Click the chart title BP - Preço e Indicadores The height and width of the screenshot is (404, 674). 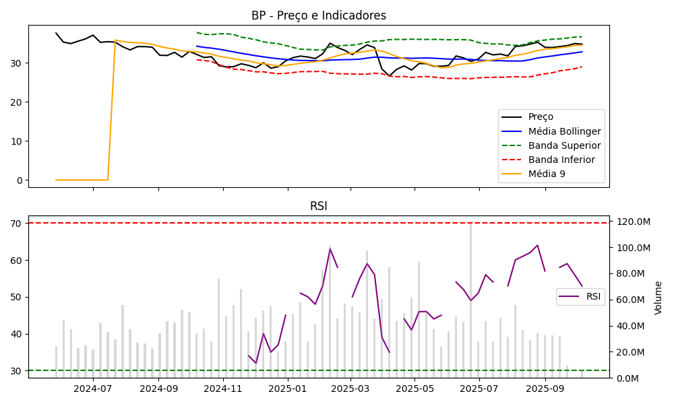pos(319,15)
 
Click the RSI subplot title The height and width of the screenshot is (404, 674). pos(319,206)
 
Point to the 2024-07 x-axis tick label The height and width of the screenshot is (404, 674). pos(93,389)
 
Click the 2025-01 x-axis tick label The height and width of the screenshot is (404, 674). pos(288,389)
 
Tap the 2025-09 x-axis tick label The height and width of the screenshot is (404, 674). pos(545,389)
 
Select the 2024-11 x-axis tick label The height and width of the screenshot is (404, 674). pos(223,389)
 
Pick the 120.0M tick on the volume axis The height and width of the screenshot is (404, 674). pos(634,222)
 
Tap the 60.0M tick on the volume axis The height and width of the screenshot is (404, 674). pos(632,300)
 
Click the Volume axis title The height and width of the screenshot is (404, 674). pos(658,298)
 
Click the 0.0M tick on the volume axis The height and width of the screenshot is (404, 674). pos(630,378)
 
